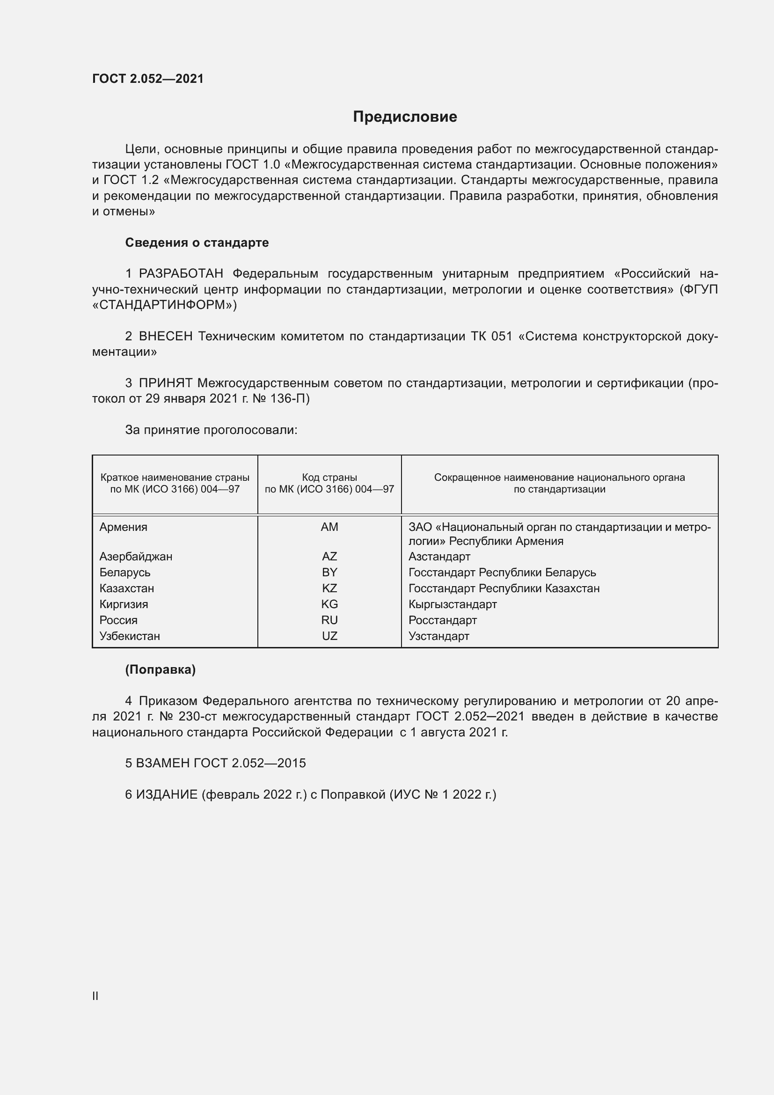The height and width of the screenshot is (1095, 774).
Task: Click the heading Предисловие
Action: [405, 117]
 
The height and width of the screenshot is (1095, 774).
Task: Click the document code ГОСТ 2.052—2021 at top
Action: [148, 79]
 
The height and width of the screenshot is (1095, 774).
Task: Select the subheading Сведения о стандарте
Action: [197, 243]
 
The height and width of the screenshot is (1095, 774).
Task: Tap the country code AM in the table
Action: [329, 527]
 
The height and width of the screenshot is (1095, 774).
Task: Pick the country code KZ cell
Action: [329, 588]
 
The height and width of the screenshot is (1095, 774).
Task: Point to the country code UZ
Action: [329, 636]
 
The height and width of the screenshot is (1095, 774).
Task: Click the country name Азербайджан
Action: [136, 557]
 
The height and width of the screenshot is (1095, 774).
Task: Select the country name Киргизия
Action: [124, 604]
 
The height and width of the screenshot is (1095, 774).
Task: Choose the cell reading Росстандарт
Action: [442, 620]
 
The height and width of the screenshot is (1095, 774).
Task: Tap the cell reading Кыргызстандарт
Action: [453, 604]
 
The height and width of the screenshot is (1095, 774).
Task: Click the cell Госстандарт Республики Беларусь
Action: [502, 572]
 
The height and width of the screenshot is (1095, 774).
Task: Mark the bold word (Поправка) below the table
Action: [160, 669]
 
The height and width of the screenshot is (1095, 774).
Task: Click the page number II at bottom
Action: [95, 996]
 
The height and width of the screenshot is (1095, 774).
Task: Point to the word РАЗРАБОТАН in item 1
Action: [181, 274]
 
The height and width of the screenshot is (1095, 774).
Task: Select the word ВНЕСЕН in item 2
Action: [165, 336]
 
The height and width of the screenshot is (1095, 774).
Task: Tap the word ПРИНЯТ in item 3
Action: [165, 383]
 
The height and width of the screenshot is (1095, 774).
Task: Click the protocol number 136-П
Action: [289, 399]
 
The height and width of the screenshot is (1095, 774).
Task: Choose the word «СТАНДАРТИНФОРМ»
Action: [164, 305]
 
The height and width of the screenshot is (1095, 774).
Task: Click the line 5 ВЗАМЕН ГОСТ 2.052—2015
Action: [215, 763]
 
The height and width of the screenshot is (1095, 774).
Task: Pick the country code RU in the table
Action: [329, 620]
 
